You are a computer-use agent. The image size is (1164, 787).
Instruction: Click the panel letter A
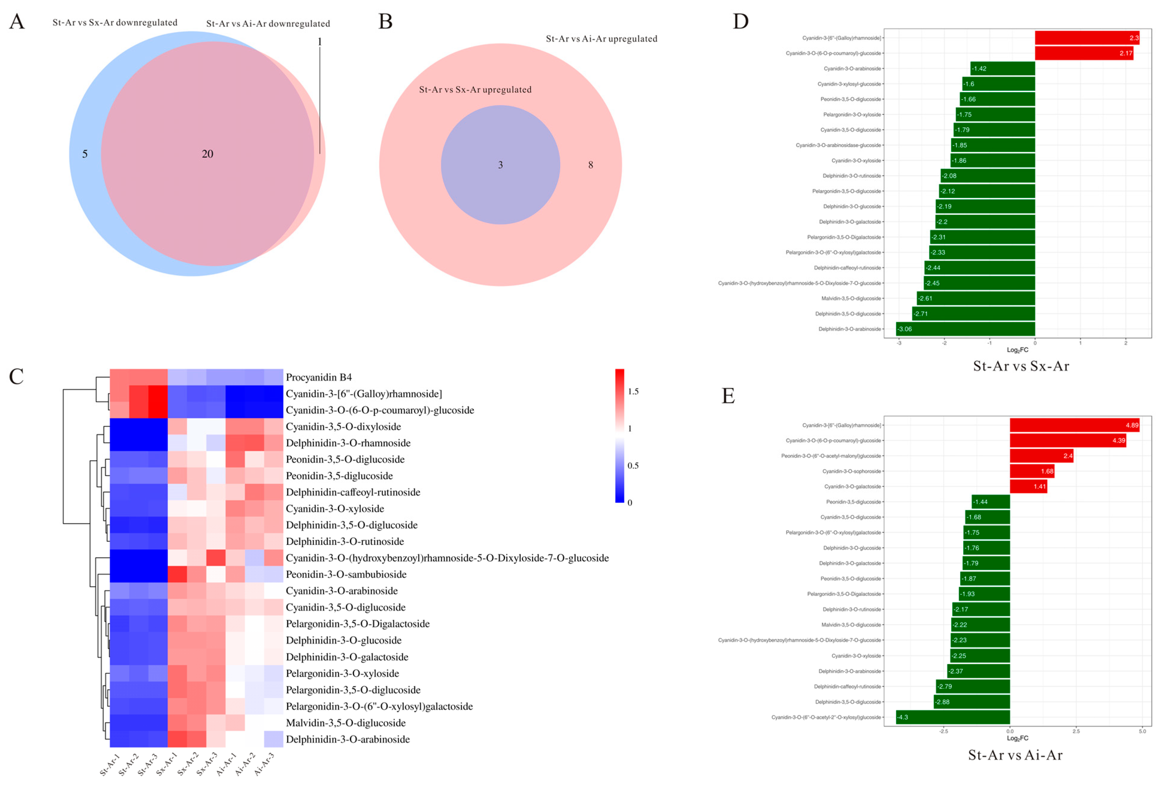pos(17,22)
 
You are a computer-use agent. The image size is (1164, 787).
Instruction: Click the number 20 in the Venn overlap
pos(207,154)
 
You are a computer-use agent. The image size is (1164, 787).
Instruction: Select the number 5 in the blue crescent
pos(85,154)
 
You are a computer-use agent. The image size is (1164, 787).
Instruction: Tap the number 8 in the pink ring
pos(590,165)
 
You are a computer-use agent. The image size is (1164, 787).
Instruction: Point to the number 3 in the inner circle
pos(500,165)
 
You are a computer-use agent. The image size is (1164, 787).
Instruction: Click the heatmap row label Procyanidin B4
pos(319,377)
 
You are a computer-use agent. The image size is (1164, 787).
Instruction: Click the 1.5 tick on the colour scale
pos(633,391)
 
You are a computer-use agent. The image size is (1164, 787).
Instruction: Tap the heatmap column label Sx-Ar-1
pos(167,765)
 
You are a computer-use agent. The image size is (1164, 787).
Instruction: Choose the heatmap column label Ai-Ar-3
pos(264,765)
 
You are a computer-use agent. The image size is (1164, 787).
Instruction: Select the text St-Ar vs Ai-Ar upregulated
pos(601,39)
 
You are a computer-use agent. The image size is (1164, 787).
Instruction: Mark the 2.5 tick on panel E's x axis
pos(1076,731)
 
